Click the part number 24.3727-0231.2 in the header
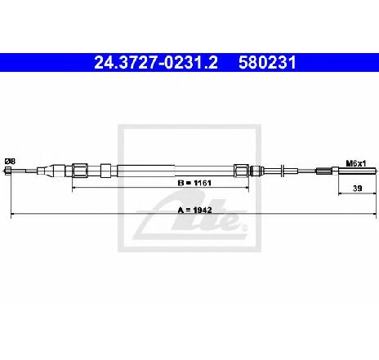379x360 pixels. pos(156,63)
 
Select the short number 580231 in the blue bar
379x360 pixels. pos(267,63)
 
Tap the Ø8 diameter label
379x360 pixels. pos(11,162)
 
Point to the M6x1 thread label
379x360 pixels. pos(356,163)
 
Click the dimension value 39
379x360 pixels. pos(357,188)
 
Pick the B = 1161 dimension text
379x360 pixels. pos(194,183)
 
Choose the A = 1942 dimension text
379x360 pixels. pos(194,210)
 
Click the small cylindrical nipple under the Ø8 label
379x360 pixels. pos(8,171)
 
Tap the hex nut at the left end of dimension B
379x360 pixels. pos(80,171)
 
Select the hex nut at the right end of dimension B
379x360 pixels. pos(241,171)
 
